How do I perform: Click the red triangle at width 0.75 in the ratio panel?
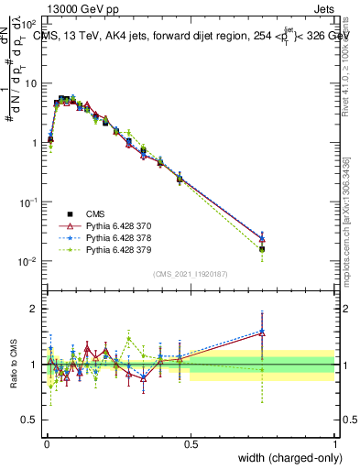262,333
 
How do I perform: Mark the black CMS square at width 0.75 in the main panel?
262,248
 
